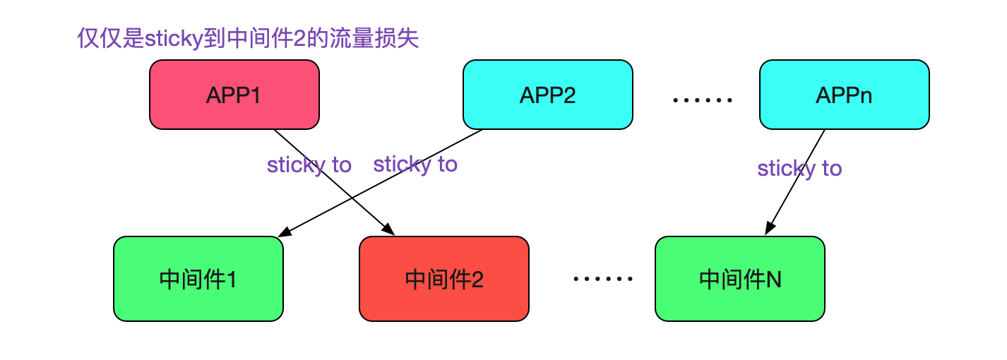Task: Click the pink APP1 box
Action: (234, 95)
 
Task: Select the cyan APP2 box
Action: (547, 95)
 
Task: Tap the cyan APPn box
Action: (844, 95)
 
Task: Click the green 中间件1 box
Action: (198, 279)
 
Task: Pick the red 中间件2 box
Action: (443, 279)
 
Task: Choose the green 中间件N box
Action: (739, 279)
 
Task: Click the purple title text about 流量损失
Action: (248, 38)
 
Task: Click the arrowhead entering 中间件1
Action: (285, 232)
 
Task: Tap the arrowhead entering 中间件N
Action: (769, 229)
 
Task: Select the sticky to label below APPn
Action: (799, 169)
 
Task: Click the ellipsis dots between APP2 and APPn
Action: (703, 101)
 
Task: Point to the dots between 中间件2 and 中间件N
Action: (602, 280)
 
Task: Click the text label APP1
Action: (234, 95)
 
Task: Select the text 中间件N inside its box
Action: (739, 280)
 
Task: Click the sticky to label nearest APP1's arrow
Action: (309, 164)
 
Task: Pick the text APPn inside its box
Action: (844, 95)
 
